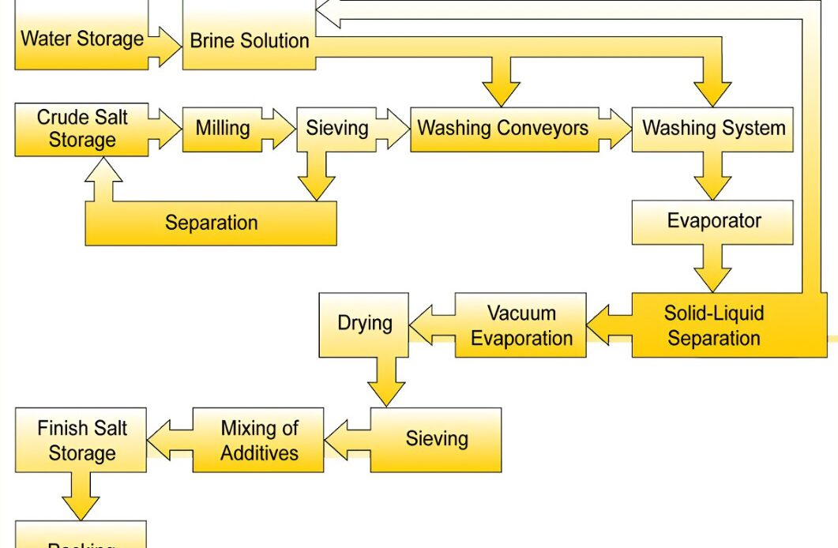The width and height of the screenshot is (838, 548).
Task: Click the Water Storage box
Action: coord(81,38)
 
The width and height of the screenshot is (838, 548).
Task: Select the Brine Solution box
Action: coord(249,39)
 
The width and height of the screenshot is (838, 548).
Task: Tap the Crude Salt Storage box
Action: coord(81,130)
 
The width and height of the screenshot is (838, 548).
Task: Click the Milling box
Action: coord(223,128)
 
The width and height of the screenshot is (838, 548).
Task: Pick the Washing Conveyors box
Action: coord(502,128)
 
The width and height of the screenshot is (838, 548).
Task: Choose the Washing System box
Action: coord(713,128)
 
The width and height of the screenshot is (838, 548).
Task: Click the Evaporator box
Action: coord(713,221)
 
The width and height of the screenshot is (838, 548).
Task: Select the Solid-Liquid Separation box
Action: coord(713,325)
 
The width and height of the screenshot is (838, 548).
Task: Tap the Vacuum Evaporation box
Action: coord(521,325)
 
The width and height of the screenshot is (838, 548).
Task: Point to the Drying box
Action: coord(364,323)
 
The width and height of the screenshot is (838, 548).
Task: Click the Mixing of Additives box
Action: coord(259,440)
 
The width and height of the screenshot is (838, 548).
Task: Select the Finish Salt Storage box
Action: coord(81,441)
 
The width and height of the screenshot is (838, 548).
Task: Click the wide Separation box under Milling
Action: coord(211,223)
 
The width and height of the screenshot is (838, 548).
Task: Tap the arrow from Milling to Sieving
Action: coord(280,128)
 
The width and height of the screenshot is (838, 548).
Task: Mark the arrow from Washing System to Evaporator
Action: coord(713,176)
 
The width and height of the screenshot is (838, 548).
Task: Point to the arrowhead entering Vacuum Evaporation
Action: coord(600,325)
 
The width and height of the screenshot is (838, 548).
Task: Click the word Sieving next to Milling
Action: coord(337,128)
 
